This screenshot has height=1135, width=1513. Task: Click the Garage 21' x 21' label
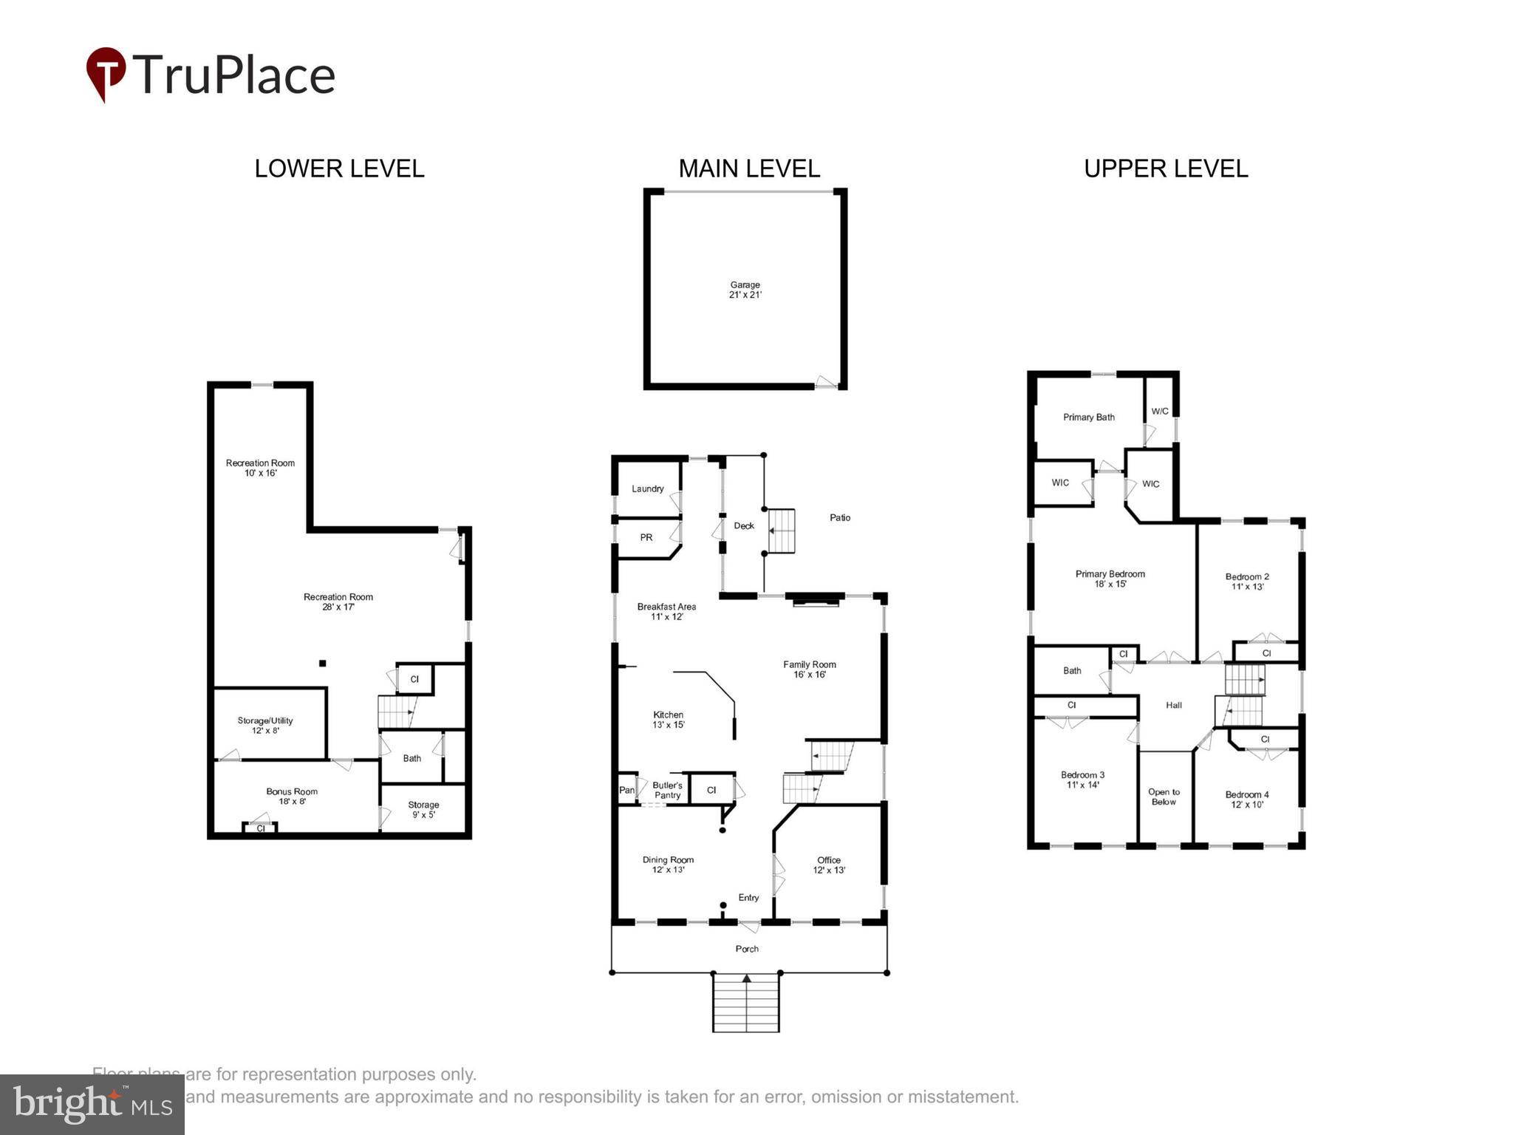(745, 290)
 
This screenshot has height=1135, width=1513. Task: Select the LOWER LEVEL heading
(339, 168)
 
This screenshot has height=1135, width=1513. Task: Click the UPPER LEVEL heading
(1165, 168)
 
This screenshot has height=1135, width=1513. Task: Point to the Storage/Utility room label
(265, 725)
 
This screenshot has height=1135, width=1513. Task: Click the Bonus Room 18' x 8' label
(292, 796)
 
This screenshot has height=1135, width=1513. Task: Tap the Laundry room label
(647, 488)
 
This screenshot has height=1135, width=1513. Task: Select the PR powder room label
(646, 537)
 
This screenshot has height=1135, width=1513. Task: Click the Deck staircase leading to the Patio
(782, 531)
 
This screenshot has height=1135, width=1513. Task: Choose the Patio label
(839, 517)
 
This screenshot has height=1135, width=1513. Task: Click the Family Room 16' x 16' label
(809, 669)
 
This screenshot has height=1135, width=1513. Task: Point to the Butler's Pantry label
(667, 790)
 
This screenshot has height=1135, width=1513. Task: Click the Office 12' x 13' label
(828, 865)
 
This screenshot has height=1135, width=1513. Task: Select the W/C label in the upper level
(1159, 412)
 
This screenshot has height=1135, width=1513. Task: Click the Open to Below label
(1164, 797)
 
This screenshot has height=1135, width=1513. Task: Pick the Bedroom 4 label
(1246, 800)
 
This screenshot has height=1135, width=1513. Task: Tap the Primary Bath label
(1088, 417)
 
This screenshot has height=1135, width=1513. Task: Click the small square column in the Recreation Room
(322, 664)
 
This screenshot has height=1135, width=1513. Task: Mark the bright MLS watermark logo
(92, 1105)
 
